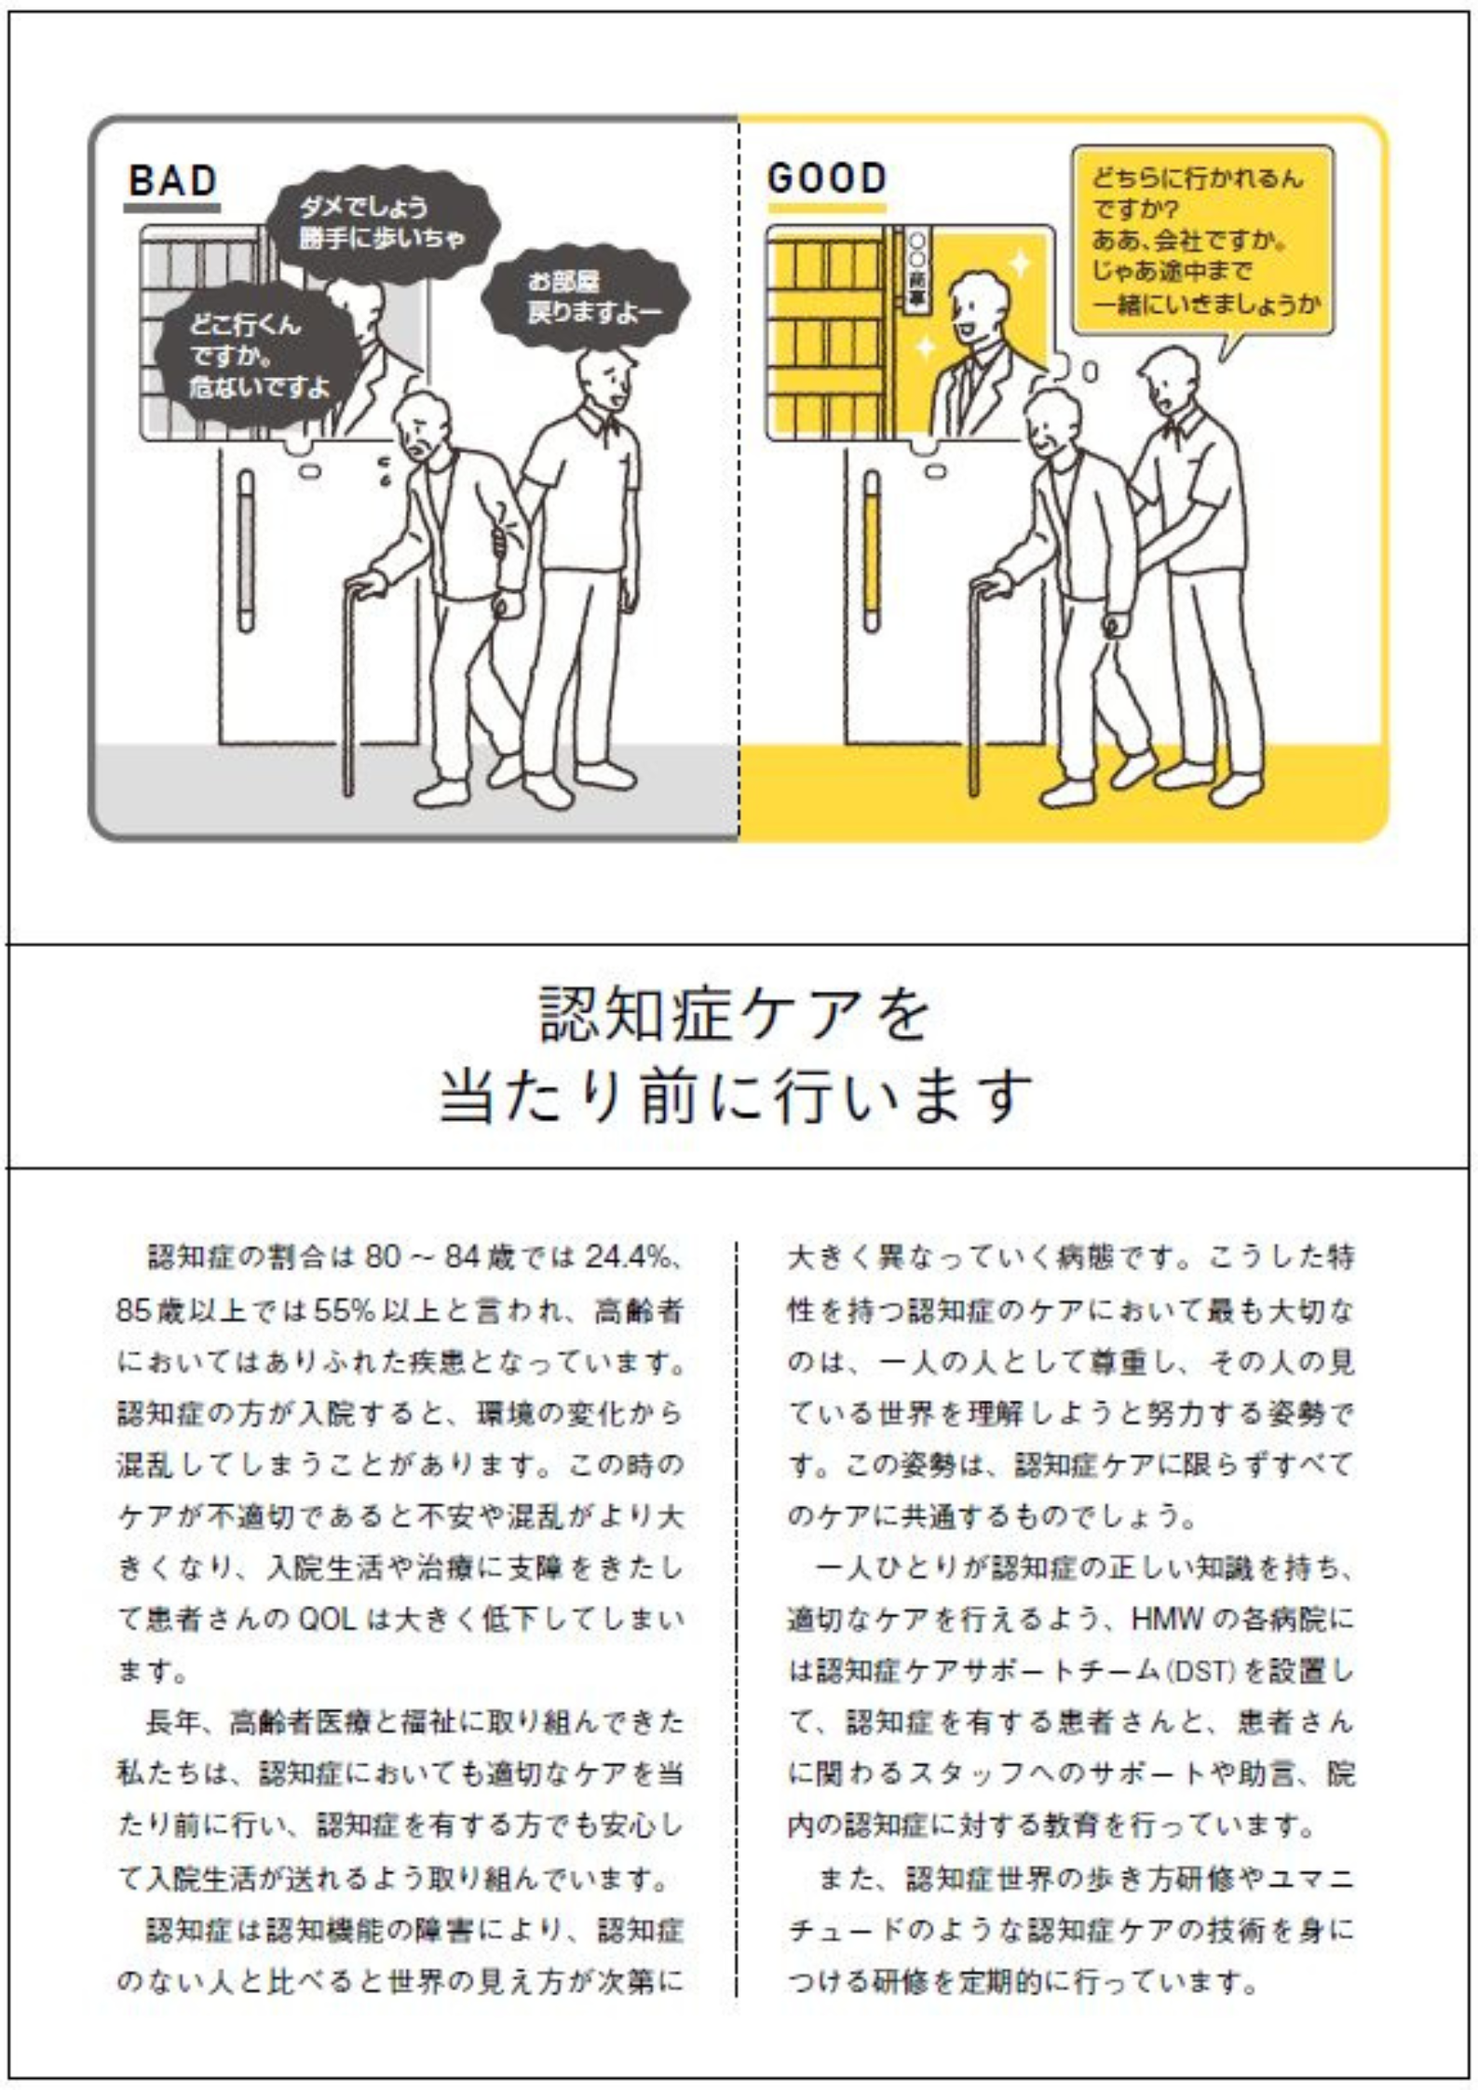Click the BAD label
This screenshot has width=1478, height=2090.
pyautogui.click(x=172, y=182)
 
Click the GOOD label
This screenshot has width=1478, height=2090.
pyautogui.click(x=826, y=179)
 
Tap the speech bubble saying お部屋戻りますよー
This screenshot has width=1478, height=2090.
pyautogui.click(x=586, y=296)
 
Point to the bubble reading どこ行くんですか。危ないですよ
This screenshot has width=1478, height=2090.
pyautogui.click(x=256, y=355)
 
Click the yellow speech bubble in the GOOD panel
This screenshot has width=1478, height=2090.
pyautogui.click(x=1202, y=241)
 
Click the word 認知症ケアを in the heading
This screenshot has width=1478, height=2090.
pyautogui.click(x=735, y=1014)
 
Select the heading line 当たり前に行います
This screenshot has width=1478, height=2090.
pyautogui.click(x=736, y=1095)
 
